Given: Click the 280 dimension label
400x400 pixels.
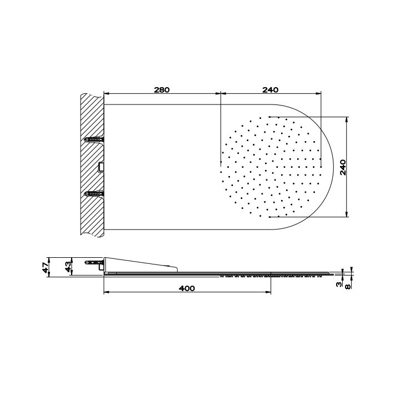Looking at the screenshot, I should (x=161, y=89).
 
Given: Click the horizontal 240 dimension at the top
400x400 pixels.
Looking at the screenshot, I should (x=271, y=89).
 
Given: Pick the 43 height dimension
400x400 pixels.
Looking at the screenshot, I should (x=68, y=267).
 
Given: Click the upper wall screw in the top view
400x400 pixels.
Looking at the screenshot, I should (x=94, y=139).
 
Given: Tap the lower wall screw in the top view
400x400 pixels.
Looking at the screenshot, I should (x=94, y=193).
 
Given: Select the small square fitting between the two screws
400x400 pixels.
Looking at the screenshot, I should (x=101, y=166).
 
